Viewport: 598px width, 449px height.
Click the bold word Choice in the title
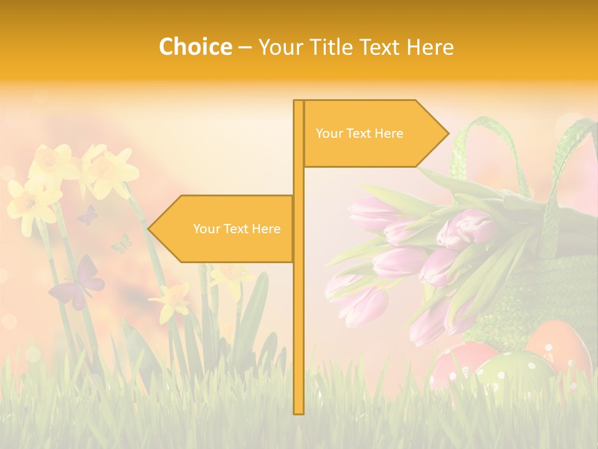click(195, 47)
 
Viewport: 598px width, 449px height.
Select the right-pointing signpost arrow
click(374, 133)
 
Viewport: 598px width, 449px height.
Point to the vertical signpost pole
click(298, 312)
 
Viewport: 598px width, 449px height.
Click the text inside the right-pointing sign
click(359, 133)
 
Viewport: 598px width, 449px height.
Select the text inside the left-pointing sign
click(237, 229)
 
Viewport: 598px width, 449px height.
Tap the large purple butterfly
click(78, 284)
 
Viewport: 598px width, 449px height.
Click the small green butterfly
click(122, 243)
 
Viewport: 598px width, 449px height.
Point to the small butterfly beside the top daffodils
click(88, 215)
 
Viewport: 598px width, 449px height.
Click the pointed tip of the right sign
click(447, 133)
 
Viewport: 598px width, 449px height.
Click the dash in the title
click(245, 47)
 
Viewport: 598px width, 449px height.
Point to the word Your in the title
click(279, 47)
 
